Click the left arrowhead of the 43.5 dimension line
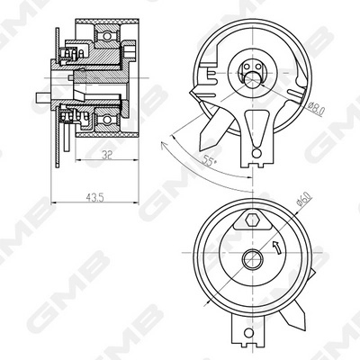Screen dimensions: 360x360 (x=54, y=200)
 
